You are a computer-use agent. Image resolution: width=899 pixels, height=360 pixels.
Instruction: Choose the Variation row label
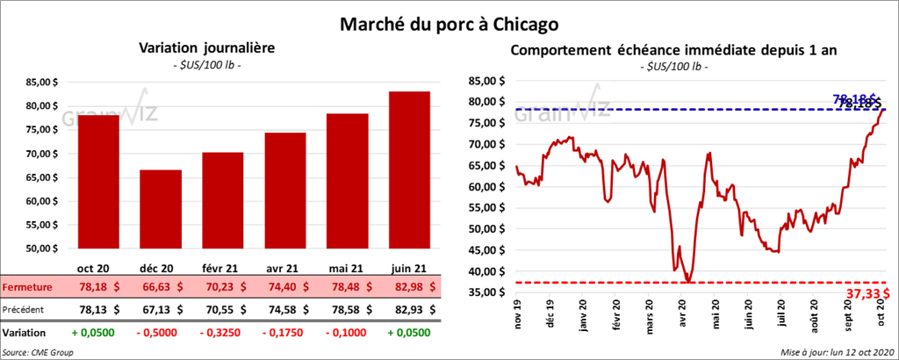(24, 334)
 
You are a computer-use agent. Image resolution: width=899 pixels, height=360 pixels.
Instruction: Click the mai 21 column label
(344, 268)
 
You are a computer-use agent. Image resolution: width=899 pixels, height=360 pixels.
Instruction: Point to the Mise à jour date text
(836, 352)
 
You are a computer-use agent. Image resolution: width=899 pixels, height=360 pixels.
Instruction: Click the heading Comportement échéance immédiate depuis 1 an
(674, 50)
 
